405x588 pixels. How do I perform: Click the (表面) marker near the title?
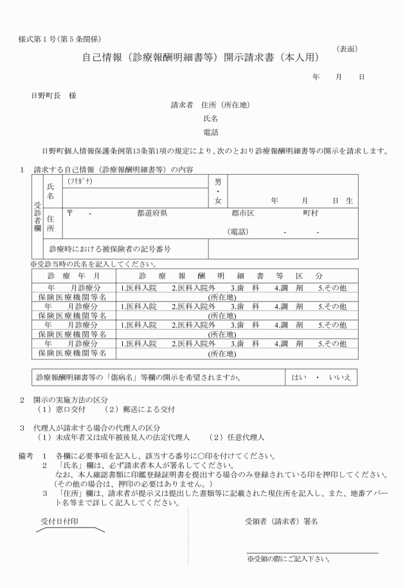click(x=347, y=49)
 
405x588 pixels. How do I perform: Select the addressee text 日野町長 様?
click(x=54, y=95)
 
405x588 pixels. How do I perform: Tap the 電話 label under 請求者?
click(x=210, y=132)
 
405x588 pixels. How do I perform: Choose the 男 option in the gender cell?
click(x=217, y=183)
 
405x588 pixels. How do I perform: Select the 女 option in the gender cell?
click(x=217, y=202)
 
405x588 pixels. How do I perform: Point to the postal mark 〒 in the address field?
click(x=69, y=213)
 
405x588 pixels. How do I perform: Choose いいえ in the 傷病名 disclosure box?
click(x=339, y=377)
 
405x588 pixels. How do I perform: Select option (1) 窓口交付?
click(x=64, y=409)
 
